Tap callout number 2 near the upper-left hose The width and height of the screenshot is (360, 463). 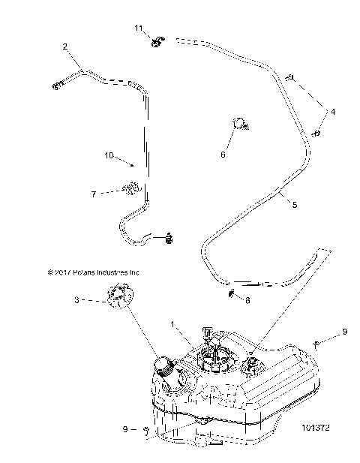coord(66,47)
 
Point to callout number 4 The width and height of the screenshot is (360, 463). coord(333,112)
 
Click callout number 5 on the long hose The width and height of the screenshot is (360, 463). coord(294,203)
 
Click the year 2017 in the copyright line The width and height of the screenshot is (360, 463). coord(62,273)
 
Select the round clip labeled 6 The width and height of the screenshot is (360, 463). coord(240,122)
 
